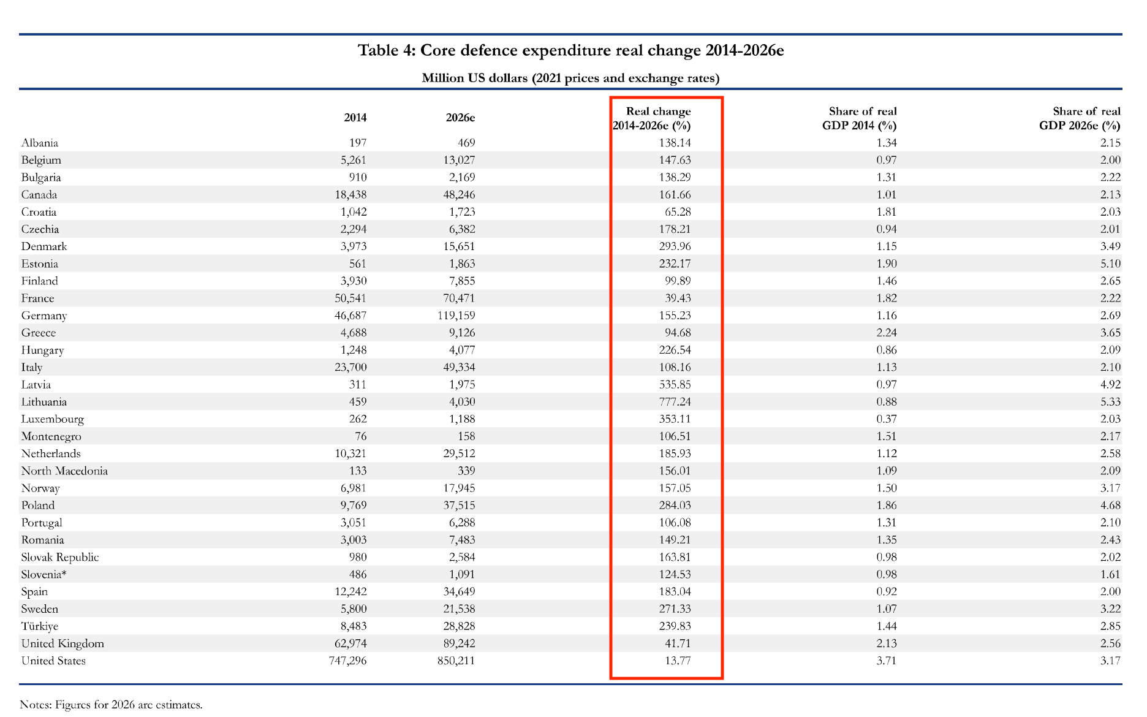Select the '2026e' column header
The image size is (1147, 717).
[x=461, y=118]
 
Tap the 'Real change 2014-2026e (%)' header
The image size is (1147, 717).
[x=652, y=118]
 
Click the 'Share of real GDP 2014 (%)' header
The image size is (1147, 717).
[x=859, y=118]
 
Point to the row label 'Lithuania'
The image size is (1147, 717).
[x=44, y=402]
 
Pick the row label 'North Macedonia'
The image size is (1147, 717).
[x=64, y=471]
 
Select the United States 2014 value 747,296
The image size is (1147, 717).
[x=347, y=661]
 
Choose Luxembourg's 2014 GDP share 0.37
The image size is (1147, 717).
[x=886, y=419]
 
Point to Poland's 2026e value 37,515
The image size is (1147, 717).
[x=458, y=506]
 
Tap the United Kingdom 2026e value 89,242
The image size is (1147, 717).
[x=458, y=643]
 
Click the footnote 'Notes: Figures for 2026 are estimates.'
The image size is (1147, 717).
[x=111, y=704]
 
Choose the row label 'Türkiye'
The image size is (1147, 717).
[x=40, y=626]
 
